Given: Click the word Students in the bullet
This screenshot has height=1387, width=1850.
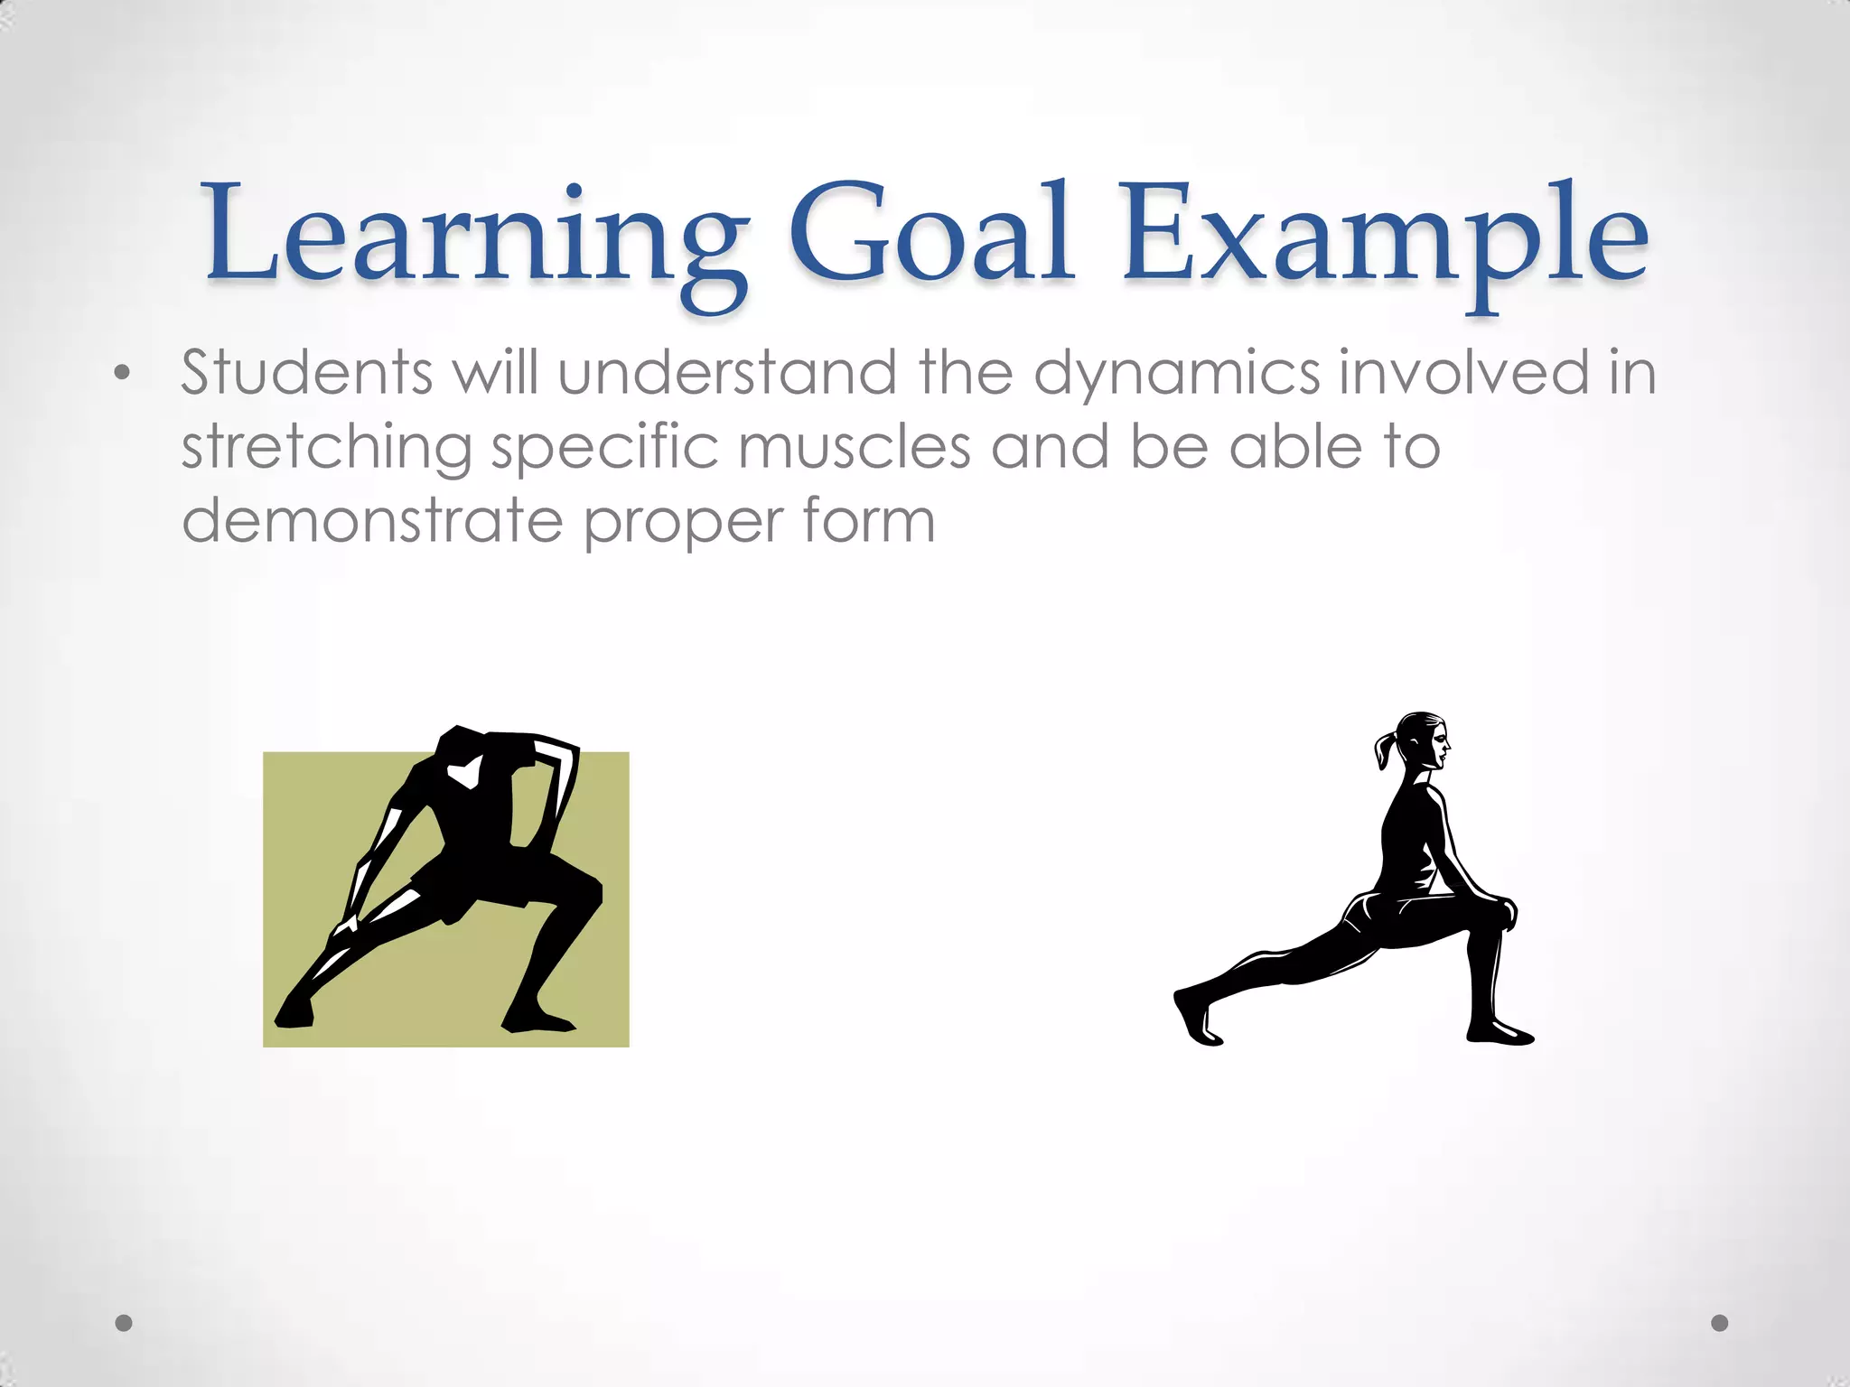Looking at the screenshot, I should (x=307, y=371).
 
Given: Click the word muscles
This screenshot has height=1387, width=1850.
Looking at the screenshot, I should (x=854, y=446).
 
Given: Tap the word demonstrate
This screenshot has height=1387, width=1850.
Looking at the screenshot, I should (x=372, y=521).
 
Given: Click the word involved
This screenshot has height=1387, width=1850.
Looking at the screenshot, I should (x=1463, y=371).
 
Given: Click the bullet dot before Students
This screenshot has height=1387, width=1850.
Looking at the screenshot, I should (x=123, y=373).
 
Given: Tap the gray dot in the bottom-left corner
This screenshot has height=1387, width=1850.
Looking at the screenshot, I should (x=125, y=1323).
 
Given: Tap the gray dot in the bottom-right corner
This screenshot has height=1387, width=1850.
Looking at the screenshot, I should (x=1720, y=1323).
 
